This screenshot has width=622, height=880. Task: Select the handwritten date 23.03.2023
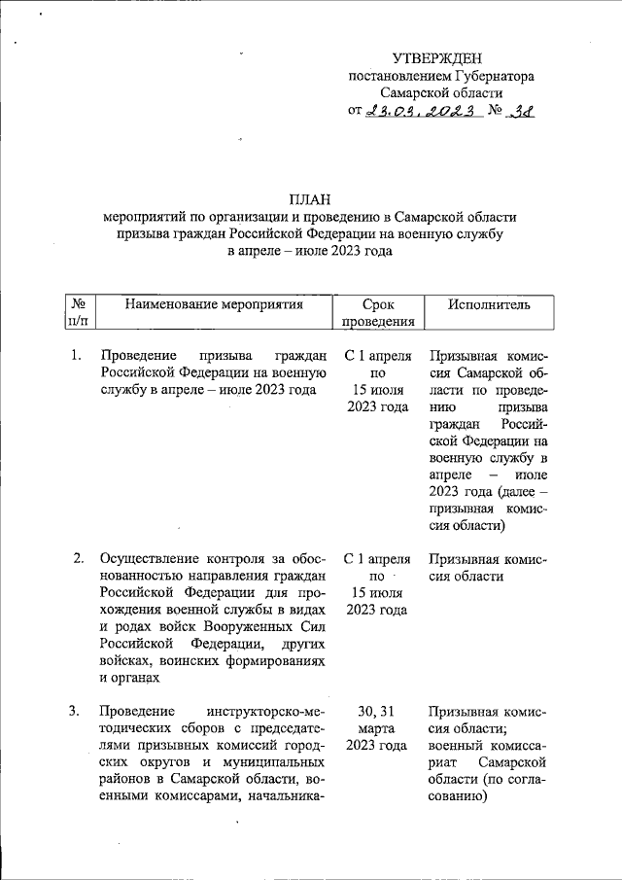tap(424, 111)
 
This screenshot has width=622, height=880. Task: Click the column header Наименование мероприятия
tap(215, 304)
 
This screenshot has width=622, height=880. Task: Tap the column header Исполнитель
tap(489, 304)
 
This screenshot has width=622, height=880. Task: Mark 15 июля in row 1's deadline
tap(379, 390)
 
